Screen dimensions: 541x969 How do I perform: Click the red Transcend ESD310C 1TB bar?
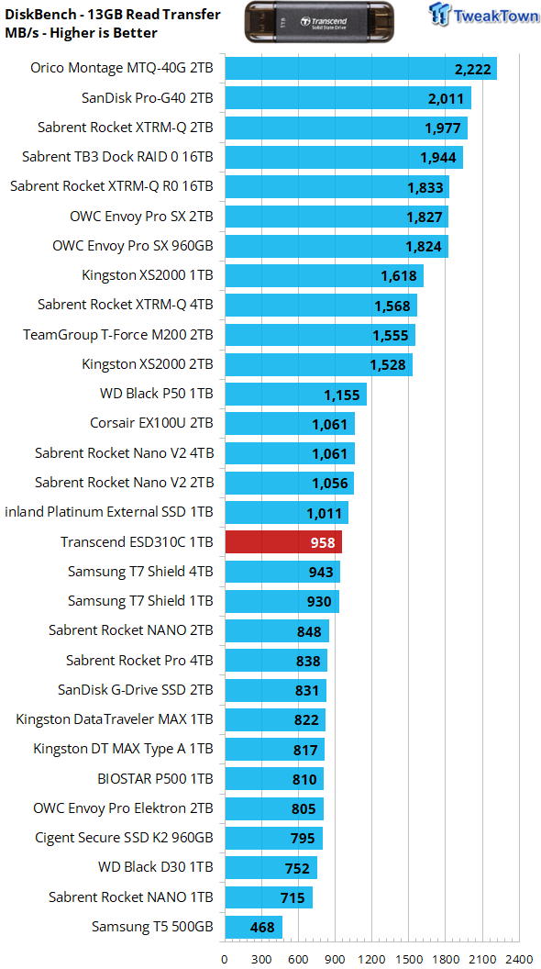click(283, 542)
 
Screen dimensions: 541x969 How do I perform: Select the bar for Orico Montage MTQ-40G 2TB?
click(360, 68)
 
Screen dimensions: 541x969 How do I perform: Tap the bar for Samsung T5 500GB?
click(253, 927)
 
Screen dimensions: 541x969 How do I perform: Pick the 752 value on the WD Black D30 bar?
click(297, 868)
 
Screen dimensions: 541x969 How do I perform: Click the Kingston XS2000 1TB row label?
click(148, 275)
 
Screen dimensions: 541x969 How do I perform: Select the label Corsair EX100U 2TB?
click(151, 423)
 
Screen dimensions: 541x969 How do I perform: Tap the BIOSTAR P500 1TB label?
click(155, 779)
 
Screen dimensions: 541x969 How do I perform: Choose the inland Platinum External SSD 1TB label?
click(109, 512)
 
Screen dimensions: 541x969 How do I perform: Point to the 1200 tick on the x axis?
click(371, 960)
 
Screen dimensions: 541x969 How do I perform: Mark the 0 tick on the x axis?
click(225, 960)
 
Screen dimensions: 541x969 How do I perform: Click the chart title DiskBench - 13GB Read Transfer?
click(113, 14)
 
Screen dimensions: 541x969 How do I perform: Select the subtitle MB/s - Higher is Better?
click(81, 32)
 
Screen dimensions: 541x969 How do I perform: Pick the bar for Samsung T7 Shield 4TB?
click(282, 572)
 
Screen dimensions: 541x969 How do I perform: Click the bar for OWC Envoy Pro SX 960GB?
click(337, 246)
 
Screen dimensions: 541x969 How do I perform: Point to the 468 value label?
click(262, 927)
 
